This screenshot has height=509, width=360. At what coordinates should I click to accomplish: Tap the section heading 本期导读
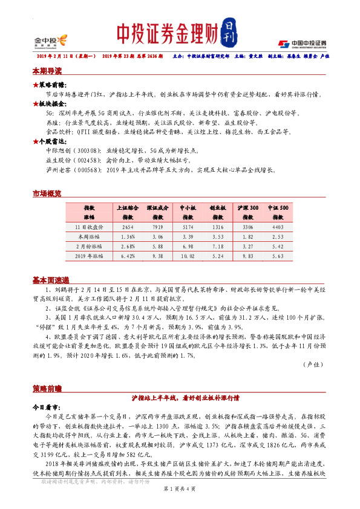[47, 71]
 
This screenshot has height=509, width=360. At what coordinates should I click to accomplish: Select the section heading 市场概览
[47, 194]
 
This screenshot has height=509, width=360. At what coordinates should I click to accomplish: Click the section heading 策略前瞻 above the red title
[47, 386]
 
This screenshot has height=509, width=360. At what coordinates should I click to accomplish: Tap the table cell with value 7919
[159, 227]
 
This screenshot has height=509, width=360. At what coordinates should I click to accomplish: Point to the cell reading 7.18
[218, 247]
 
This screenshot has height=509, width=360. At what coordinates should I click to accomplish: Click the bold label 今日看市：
[47, 407]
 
